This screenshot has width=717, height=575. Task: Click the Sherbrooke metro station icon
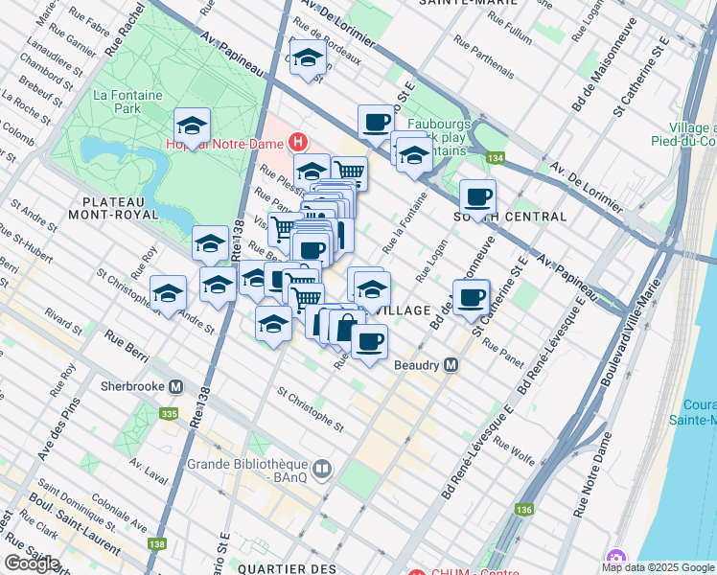tap(175, 387)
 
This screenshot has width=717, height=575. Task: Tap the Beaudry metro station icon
tap(451, 365)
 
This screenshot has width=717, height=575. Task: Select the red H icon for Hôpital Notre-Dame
tap(298, 142)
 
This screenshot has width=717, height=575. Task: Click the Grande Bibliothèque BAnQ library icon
tap(323, 470)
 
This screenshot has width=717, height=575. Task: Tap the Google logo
tap(33, 563)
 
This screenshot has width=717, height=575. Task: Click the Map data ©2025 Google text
tap(658, 567)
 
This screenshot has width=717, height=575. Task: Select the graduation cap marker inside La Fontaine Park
tap(192, 126)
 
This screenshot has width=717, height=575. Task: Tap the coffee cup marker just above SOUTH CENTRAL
tap(477, 197)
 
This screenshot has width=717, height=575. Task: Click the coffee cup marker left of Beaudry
tap(369, 341)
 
